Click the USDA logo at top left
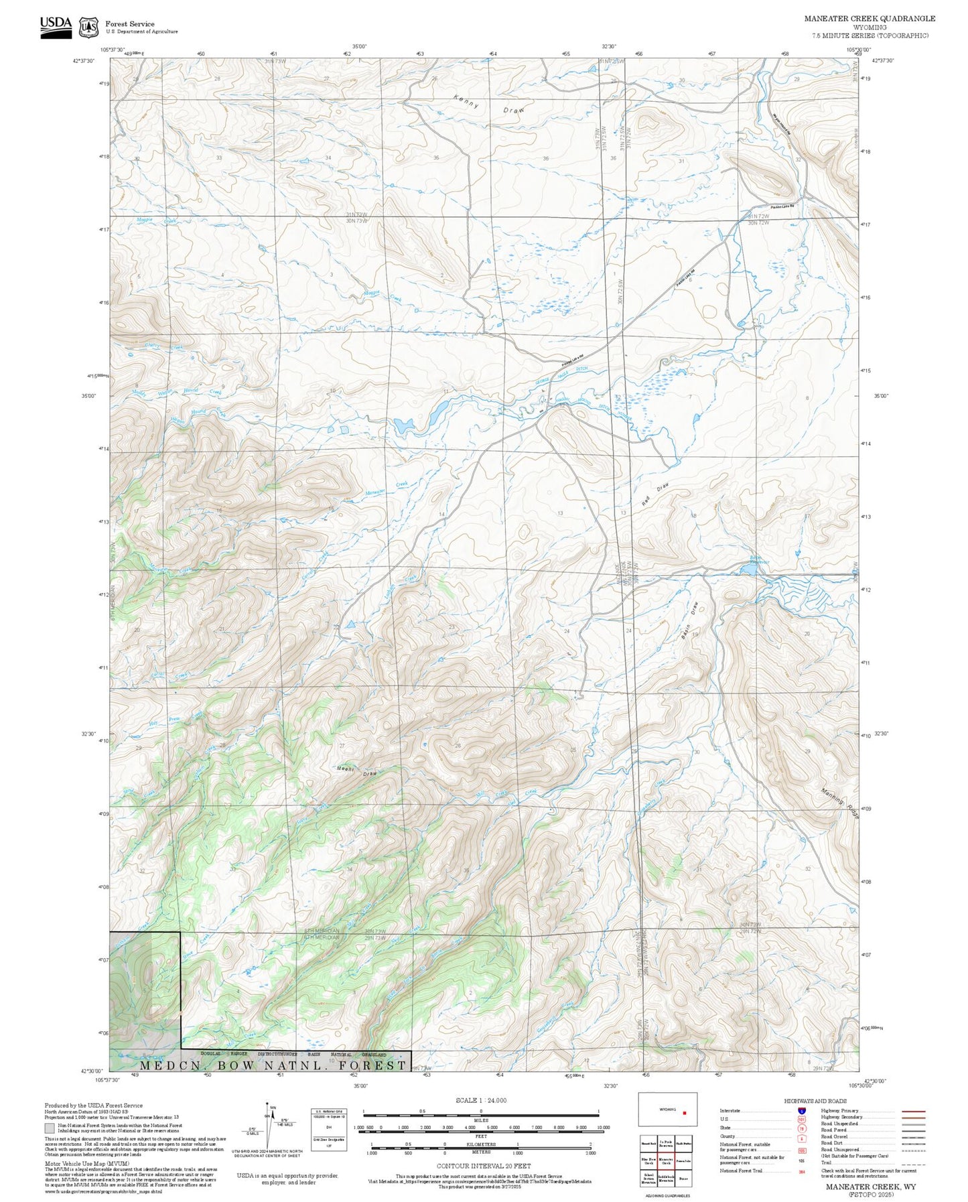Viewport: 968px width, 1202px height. tap(56, 27)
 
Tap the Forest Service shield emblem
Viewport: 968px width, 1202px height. tap(88, 27)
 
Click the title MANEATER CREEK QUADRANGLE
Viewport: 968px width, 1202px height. tap(870, 19)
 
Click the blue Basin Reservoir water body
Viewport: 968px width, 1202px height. tap(748, 570)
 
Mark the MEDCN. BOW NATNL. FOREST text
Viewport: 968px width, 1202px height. tap(273, 1065)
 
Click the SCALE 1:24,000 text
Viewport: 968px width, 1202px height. tap(481, 1100)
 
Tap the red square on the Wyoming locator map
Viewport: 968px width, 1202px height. tap(685, 1113)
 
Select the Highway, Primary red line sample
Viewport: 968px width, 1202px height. tap(914, 1111)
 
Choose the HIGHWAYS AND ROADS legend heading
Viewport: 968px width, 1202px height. tap(815, 1101)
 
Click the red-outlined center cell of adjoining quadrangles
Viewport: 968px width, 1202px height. tap(666, 1161)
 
